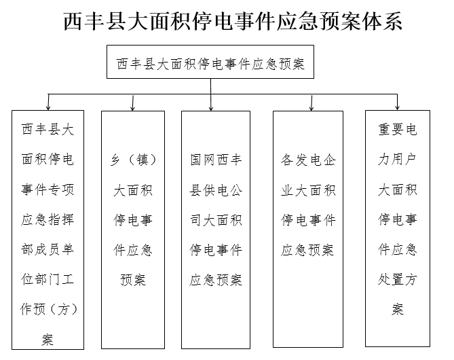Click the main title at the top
233,21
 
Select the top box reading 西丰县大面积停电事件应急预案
210,62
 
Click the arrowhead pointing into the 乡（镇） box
132,109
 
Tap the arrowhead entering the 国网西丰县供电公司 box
211,109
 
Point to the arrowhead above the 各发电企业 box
311,109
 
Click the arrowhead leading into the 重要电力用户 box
397,108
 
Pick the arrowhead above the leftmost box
48,108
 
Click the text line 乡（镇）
133,160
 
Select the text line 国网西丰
216,160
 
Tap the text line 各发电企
308,160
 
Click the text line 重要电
397,129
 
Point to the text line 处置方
397,279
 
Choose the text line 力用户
397,159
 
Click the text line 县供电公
216,190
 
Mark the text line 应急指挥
48,219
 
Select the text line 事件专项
48,190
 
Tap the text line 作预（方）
49,309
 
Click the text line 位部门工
48,279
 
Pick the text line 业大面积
308,190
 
